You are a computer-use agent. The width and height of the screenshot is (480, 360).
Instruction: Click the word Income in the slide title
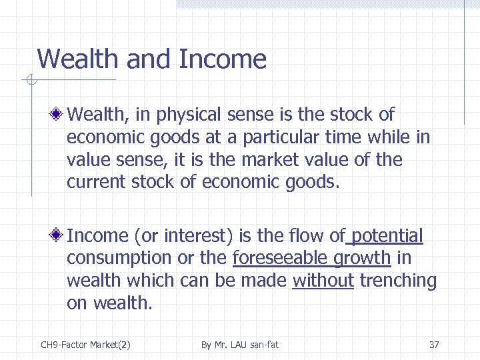(223, 60)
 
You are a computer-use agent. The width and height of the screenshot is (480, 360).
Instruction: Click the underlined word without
(323, 281)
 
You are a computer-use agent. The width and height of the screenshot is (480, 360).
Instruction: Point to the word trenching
(398, 281)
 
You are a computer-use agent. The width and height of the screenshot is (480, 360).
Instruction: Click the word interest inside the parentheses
(193, 236)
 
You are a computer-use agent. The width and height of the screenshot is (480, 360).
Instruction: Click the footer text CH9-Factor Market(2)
(85, 345)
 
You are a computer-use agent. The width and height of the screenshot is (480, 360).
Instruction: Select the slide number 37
(434, 345)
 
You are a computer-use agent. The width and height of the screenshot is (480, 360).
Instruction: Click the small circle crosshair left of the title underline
(30, 81)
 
